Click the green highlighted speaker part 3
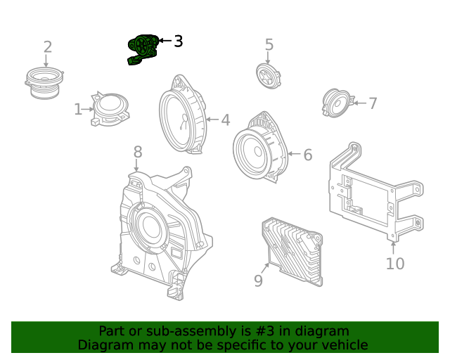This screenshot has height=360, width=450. click(142, 49)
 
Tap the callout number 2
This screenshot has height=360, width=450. click(47, 47)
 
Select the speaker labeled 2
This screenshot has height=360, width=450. click(45, 82)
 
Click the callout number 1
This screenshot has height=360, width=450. click(78, 110)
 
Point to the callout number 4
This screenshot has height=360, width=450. click(225, 120)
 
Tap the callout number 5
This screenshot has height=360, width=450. click(269, 45)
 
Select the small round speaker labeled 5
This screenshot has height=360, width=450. click(269, 76)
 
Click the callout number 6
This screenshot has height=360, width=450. click(307, 155)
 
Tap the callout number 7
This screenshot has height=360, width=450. click(373, 103)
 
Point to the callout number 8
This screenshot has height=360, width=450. click(138, 151)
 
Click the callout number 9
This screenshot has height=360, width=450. click(258, 281)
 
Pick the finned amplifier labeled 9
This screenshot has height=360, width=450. click(291, 249)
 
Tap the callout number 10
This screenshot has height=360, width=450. click(395, 264)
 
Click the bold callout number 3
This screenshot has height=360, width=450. click(178, 41)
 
